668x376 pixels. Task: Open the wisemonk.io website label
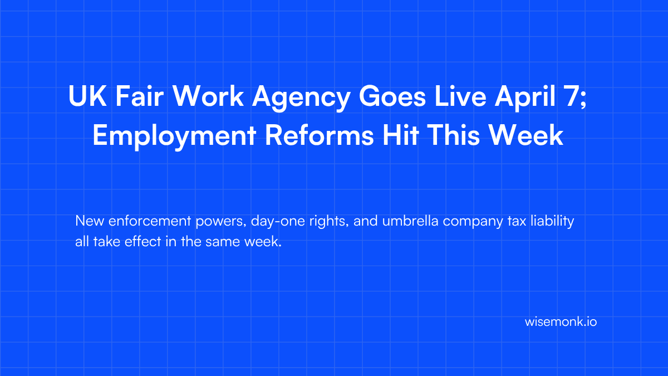[561, 322]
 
